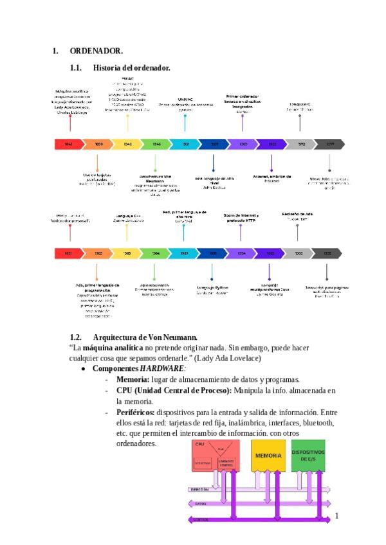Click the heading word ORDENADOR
(96, 50)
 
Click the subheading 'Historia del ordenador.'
(131, 67)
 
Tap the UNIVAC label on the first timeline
(185, 100)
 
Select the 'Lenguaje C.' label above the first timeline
(300, 103)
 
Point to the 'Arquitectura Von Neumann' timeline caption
(155, 178)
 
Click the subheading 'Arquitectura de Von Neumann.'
(145, 337)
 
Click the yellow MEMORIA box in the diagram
(268, 455)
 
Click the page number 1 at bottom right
(336, 515)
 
